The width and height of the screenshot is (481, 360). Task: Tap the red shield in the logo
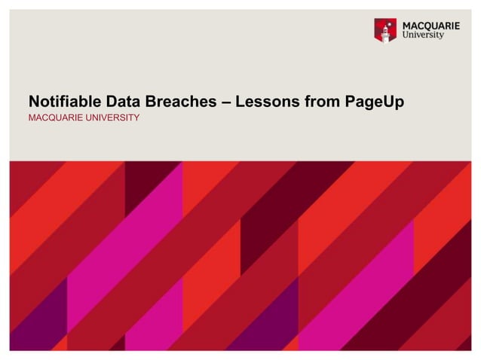[385, 31]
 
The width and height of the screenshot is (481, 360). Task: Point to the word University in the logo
[422, 35]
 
